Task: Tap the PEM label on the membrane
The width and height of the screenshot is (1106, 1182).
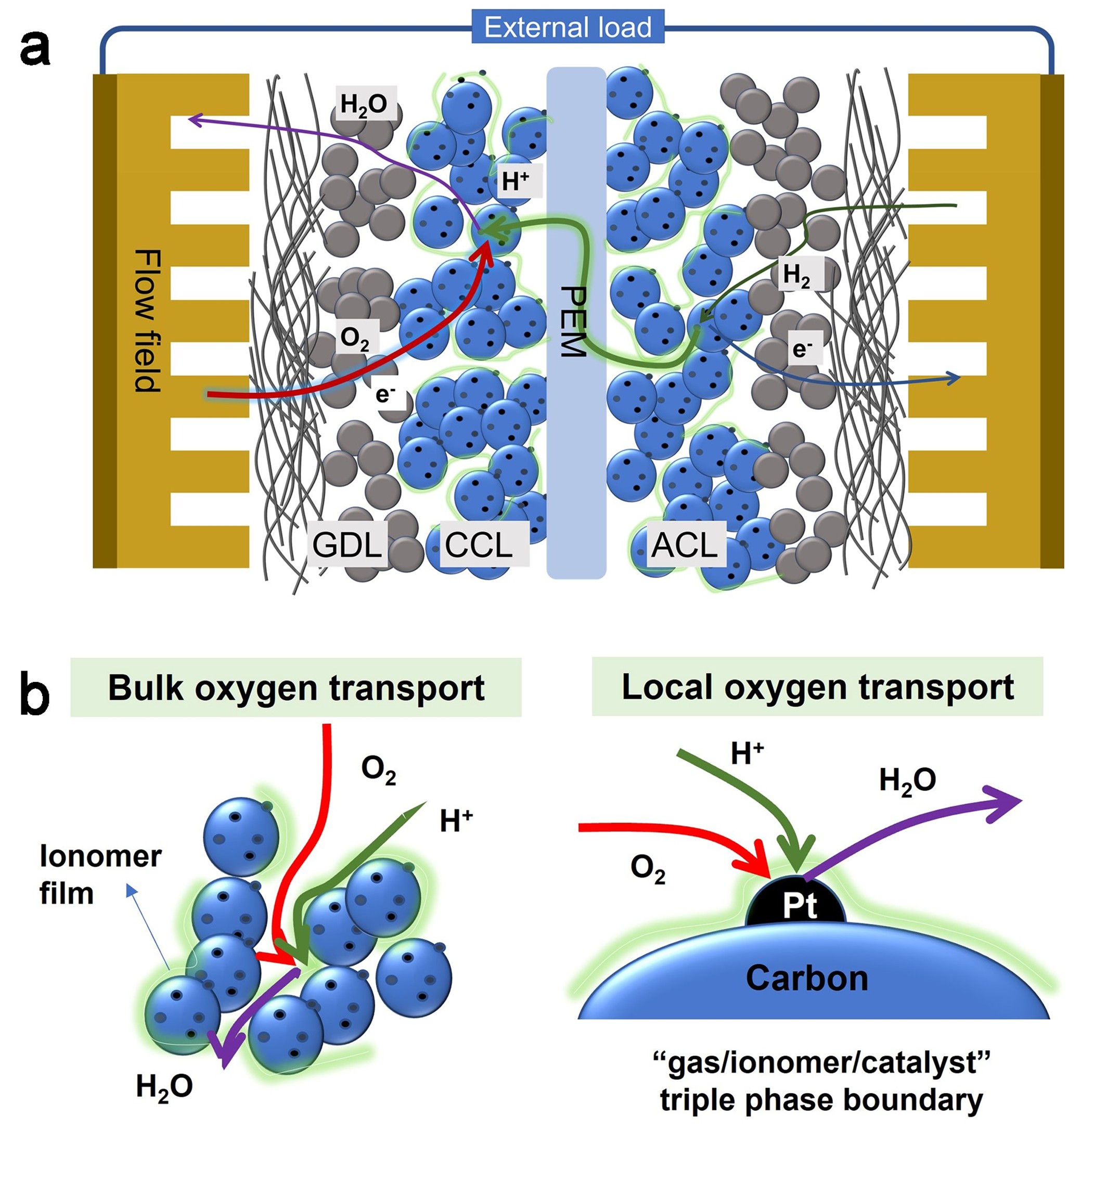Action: click(x=573, y=321)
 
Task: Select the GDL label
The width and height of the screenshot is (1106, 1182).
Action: click(x=346, y=545)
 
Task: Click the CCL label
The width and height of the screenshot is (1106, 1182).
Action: click(x=478, y=545)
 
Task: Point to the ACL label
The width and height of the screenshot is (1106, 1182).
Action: click(x=684, y=545)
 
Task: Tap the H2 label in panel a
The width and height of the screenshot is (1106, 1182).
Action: click(x=797, y=275)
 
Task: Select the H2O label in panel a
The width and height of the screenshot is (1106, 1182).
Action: click(x=364, y=105)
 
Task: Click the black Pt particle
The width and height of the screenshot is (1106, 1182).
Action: click(x=797, y=905)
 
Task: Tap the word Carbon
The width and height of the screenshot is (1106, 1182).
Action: click(x=806, y=978)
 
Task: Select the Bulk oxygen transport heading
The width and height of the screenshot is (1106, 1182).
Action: click(x=295, y=688)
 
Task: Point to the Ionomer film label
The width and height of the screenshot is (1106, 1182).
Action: click(x=100, y=875)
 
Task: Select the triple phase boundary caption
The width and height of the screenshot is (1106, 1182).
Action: click(x=820, y=1083)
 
